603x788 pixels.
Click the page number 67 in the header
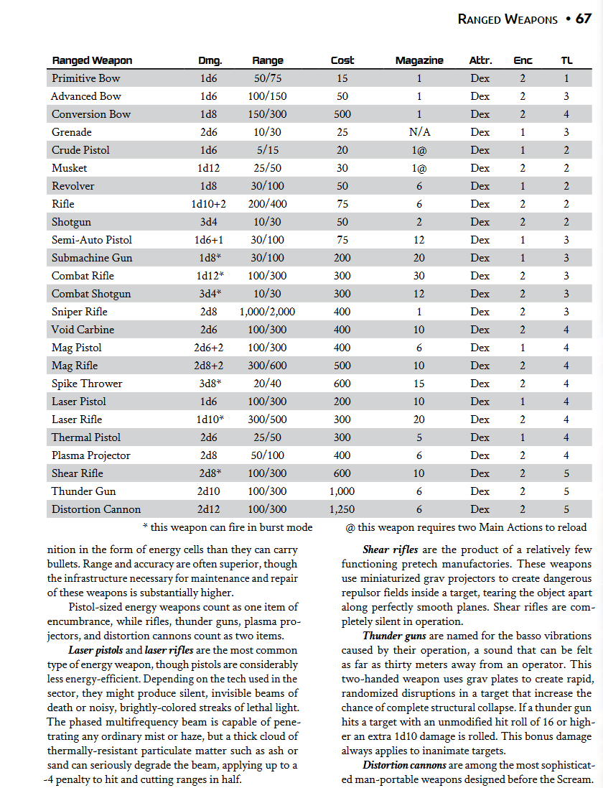pyautogui.click(x=583, y=19)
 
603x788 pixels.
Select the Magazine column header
pyautogui.click(x=419, y=60)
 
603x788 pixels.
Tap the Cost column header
pyautogui.click(x=342, y=60)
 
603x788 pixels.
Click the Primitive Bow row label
pyautogui.click(x=85, y=78)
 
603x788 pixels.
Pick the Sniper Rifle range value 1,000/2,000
pyautogui.click(x=268, y=312)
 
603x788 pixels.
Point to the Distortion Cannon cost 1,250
pyautogui.click(x=342, y=509)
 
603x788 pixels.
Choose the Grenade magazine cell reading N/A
pyautogui.click(x=419, y=132)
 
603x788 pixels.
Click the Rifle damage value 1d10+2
pyautogui.click(x=210, y=204)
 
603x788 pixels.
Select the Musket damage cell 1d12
pyautogui.click(x=210, y=168)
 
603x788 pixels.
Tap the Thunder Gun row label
pyautogui.click(x=83, y=491)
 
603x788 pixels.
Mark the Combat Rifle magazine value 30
pyautogui.click(x=419, y=276)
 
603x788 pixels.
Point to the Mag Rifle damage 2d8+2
pyautogui.click(x=210, y=366)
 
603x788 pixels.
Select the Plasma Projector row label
pyautogui.click(x=90, y=455)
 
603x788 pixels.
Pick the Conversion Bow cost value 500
pyautogui.click(x=342, y=114)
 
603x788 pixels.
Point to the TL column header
pyautogui.click(x=566, y=60)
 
